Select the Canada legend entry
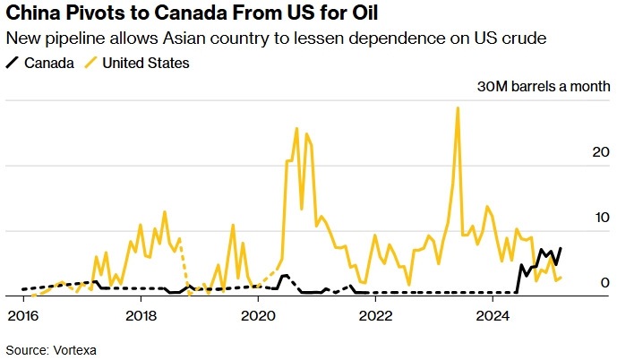point(49,63)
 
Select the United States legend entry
point(146,63)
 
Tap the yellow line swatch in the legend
point(90,63)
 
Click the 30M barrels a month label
point(544,87)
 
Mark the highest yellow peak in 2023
point(458,108)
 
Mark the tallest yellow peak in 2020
point(296,129)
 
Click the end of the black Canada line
point(561,248)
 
